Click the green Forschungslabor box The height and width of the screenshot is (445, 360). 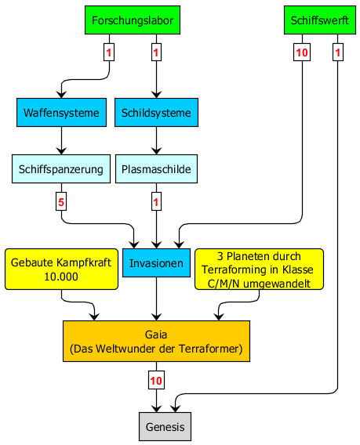pos(133,20)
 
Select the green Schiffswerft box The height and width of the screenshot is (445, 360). pos(320,20)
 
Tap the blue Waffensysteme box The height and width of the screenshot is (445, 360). pos(61,112)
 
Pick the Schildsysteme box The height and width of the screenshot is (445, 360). pos(156,112)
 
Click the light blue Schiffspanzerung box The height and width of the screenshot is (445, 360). pos(61,169)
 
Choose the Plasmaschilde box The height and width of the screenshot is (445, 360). pos(156,169)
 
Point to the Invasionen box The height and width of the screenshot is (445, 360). pos(156,262)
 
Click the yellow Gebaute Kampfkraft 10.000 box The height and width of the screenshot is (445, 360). pos(61,269)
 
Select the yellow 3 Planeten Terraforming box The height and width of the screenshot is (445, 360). pos(259,269)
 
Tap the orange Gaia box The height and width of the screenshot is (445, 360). pos(156,341)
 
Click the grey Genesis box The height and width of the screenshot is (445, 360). pos(165,426)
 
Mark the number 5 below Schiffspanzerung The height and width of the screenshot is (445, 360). pos(61,202)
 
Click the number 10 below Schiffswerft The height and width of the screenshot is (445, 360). pos(302,52)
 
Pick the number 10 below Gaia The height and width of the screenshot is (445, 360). pos(156,380)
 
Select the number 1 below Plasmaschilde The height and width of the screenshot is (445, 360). pos(156,202)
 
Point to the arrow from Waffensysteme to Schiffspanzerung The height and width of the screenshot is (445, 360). pos(61,140)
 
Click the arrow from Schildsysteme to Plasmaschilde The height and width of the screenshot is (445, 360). pos(156,140)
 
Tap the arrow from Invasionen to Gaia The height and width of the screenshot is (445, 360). pos(156,298)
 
